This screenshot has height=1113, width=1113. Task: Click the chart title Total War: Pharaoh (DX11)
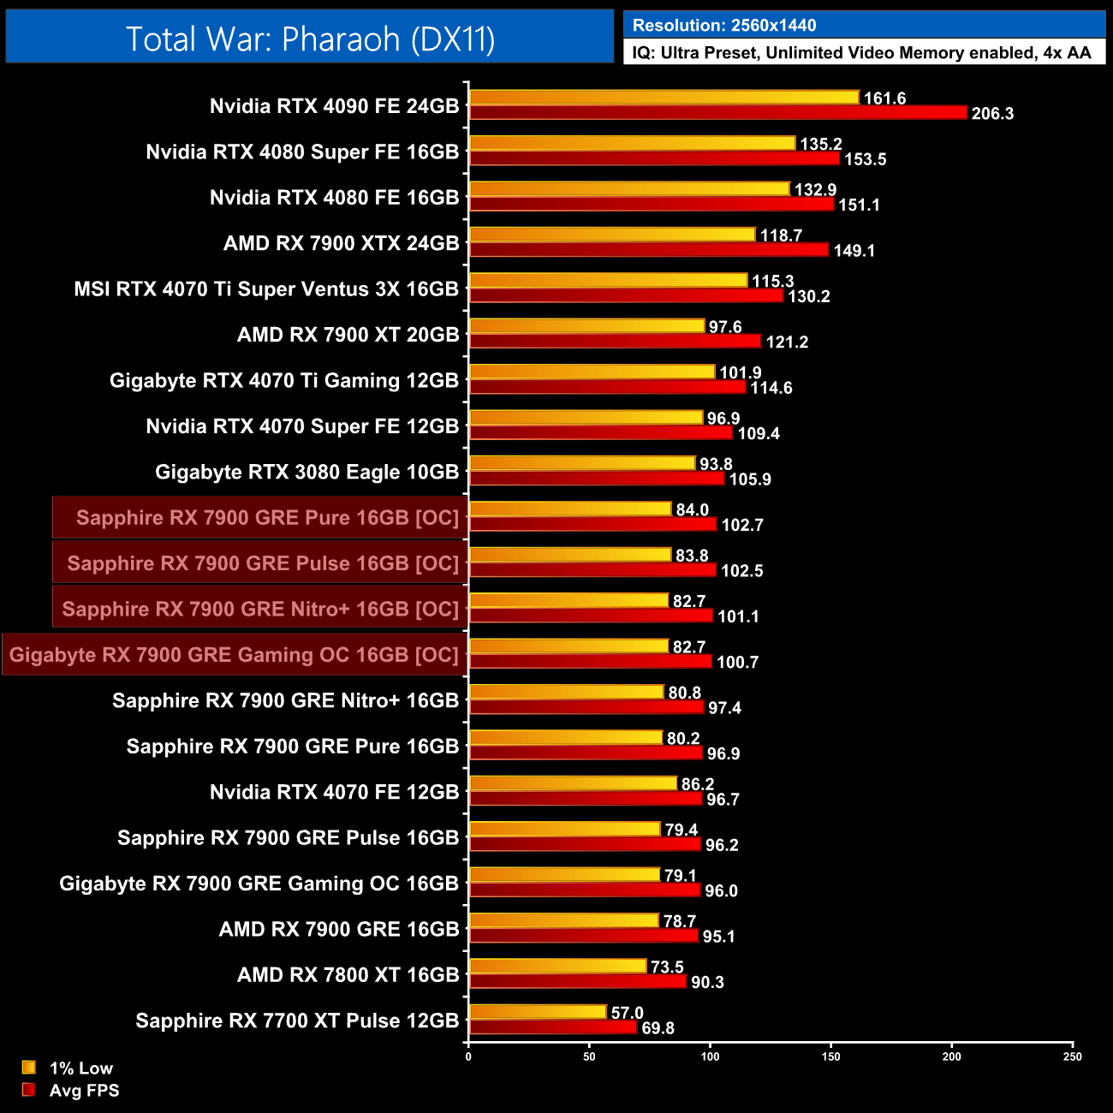[310, 39]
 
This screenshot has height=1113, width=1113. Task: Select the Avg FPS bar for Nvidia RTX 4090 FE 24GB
[717, 112]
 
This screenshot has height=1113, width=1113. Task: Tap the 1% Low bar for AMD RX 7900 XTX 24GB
[612, 235]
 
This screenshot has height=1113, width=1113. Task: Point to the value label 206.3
[992, 114]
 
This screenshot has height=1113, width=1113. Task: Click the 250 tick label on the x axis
[1072, 1056]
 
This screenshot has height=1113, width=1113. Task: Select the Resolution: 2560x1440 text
[724, 26]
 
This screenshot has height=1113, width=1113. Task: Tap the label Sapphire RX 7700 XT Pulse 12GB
[297, 1021]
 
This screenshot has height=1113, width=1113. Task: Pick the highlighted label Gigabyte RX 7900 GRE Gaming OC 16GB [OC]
[234, 655]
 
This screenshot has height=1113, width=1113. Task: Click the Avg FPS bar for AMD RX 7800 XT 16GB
[578, 981]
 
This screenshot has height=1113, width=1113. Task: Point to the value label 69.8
[658, 1028]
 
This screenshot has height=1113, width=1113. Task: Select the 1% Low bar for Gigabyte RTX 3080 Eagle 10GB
[582, 463]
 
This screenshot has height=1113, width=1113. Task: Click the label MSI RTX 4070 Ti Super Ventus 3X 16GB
[266, 289]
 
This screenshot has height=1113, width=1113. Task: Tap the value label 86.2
[697, 784]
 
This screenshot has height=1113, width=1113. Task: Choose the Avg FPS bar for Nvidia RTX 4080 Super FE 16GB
[654, 158]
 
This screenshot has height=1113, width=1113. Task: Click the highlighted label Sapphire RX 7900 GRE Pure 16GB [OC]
[267, 518]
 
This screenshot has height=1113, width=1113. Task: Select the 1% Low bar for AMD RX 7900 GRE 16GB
[564, 920]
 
